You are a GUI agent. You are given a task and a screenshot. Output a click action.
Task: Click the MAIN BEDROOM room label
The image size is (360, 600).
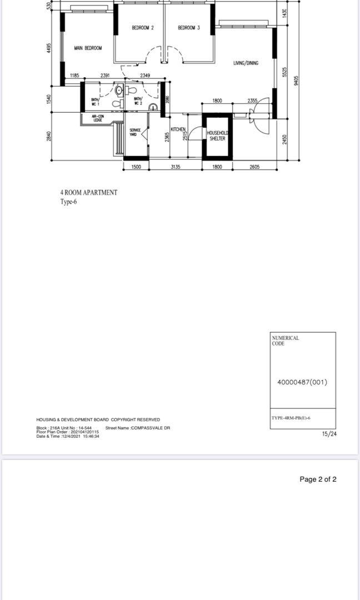(x=88, y=48)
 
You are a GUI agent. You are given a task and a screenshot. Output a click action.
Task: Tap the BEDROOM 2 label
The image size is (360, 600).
(x=143, y=28)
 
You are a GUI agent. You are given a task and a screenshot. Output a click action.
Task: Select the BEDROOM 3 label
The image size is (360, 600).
(x=189, y=28)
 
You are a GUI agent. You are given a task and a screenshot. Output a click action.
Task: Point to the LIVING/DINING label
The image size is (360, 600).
(x=246, y=63)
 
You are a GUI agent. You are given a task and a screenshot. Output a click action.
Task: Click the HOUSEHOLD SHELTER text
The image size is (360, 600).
(x=217, y=136)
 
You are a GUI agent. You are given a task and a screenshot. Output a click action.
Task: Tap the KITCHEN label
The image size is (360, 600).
(x=178, y=129)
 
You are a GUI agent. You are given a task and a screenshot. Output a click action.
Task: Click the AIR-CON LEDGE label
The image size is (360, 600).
(x=98, y=118)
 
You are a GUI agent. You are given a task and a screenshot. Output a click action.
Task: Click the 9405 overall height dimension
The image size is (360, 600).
(x=297, y=81)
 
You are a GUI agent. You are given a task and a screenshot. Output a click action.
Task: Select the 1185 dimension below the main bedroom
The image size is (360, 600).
(x=75, y=76)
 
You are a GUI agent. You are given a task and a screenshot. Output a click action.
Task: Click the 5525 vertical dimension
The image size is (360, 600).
(x=284, y=72)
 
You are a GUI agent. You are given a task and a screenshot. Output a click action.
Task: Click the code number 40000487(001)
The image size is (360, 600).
(x=302, y=382)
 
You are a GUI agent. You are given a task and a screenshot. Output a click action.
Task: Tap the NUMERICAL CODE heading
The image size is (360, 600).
(x=286, y=341)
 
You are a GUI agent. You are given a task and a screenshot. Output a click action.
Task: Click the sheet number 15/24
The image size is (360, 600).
(x=329, y=434)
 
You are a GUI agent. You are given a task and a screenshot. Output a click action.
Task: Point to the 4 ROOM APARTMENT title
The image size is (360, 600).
(x=89, y=192)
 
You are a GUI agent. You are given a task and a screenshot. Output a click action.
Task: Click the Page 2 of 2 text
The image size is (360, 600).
(x=318, y=479)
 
